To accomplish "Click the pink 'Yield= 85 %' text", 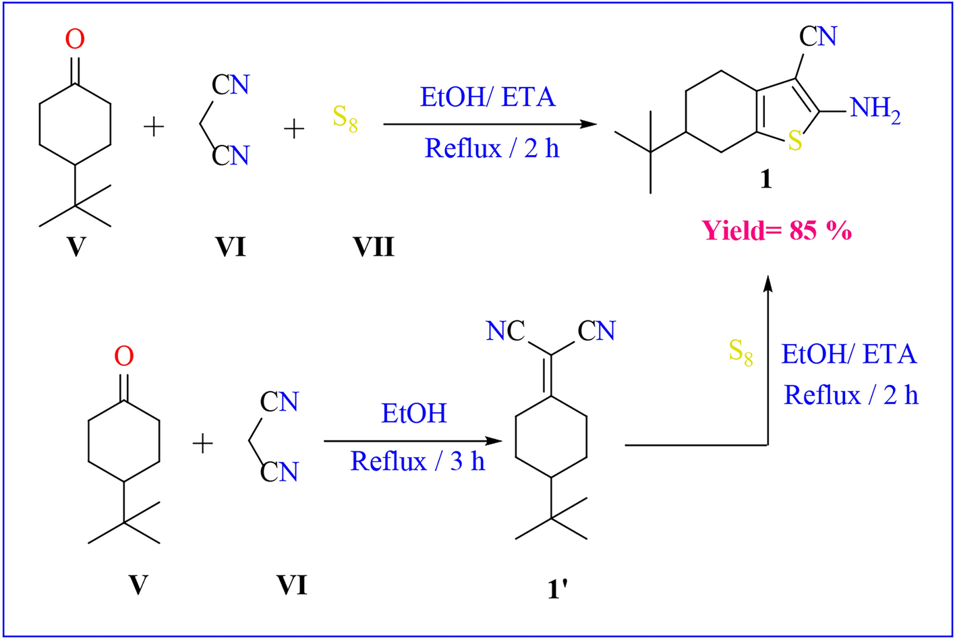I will [777, 231].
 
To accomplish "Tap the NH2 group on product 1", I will [875, 109].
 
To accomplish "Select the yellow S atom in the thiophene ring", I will [795, 142].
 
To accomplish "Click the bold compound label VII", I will [374, 247].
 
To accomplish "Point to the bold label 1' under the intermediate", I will [557, 589].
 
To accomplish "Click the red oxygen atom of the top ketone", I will [75, 39].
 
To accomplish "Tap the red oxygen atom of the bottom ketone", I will [123, 356].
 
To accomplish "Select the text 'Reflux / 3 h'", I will [417, 461].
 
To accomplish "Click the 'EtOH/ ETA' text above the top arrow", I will [488, 97].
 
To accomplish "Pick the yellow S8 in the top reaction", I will [345, 119].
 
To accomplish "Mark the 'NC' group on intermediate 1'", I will [505, 331].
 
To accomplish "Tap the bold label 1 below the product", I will [765, 179].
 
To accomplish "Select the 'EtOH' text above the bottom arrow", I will [413, 413].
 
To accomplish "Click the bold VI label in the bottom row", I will [291, 585].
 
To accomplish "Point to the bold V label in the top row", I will [76, 247].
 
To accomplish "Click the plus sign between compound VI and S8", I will [293, 127].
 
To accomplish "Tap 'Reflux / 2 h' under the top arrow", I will [492, 148].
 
